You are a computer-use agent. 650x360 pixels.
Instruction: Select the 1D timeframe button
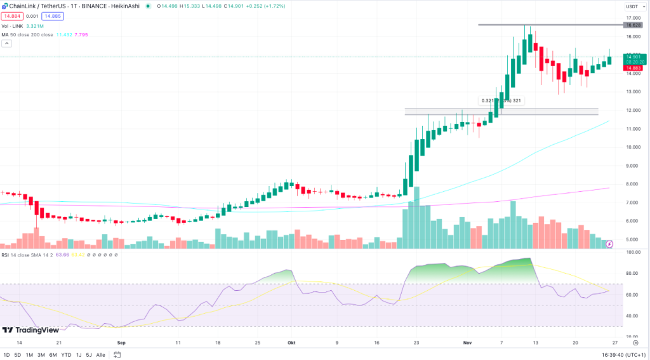coord(7,354)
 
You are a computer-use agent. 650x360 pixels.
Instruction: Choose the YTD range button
coord(66,354)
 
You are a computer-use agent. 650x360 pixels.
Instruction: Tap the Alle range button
coord(100,354)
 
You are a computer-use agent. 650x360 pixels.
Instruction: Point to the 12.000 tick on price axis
coord(633,110)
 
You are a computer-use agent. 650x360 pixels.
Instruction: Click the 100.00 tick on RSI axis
coord(633,252)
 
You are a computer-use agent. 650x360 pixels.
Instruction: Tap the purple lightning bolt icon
coord(609,243)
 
